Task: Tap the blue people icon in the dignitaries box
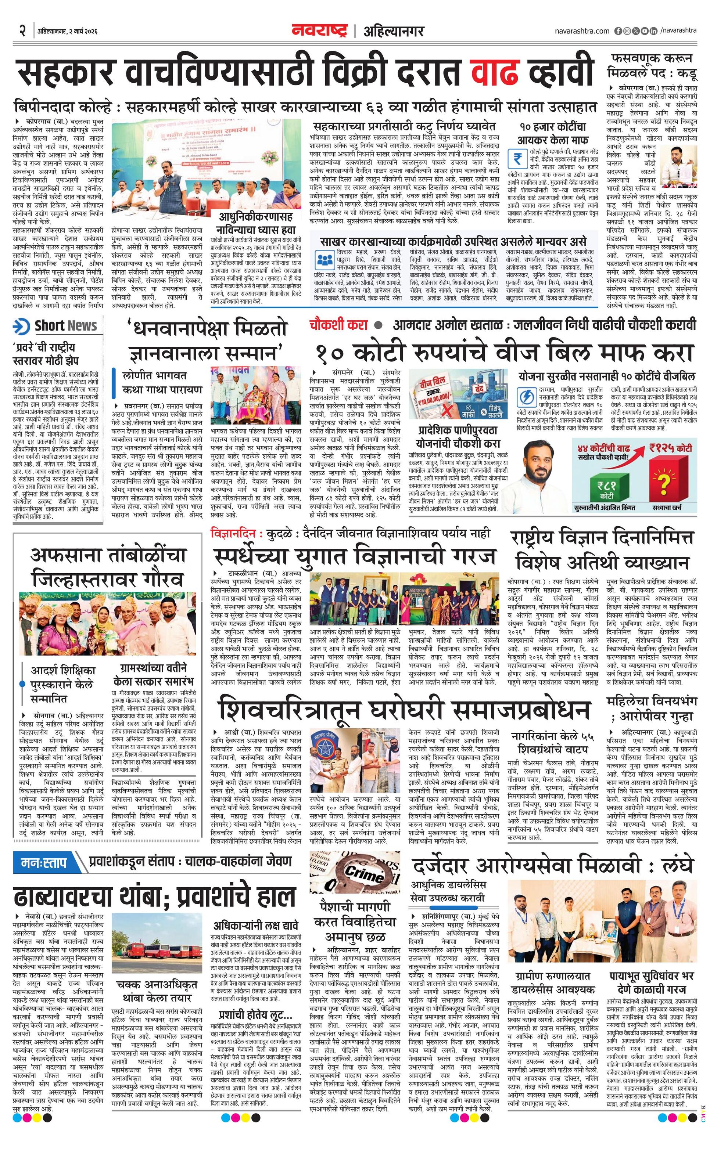click(324, 259)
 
